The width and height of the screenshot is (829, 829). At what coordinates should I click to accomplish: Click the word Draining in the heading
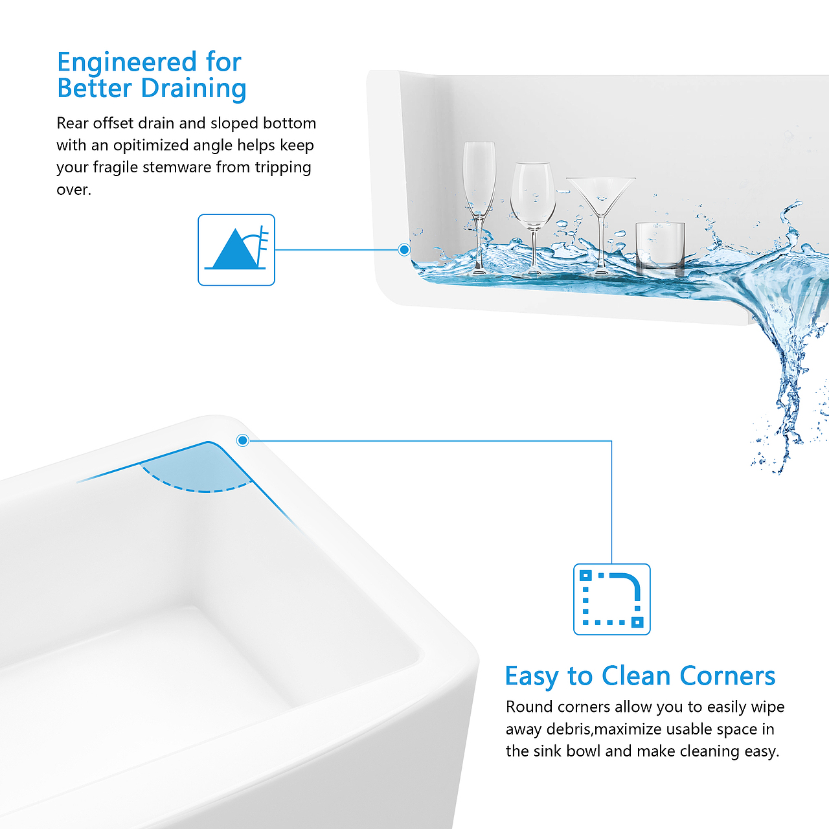pos(194,89)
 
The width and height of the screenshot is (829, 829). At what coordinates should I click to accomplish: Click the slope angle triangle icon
pos(236,249)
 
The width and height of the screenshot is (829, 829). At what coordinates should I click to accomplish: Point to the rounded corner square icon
pos(612,599)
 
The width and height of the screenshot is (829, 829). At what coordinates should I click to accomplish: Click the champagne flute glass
pos(479,207)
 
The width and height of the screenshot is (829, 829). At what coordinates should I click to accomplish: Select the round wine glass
pos(533,218)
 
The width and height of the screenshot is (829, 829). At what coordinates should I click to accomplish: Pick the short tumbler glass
pos(661,247)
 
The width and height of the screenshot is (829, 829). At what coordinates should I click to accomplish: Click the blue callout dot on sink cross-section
pos(404,249)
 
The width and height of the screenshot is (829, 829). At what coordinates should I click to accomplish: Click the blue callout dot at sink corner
pos(243,440)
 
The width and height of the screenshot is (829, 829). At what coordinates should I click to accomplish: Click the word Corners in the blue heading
pos(727,676)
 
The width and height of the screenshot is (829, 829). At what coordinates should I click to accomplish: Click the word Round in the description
pos(529,707)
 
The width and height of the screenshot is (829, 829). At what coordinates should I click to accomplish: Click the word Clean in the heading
pos(635,676)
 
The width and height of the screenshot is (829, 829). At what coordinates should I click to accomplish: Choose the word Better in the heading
pos(95,89)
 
